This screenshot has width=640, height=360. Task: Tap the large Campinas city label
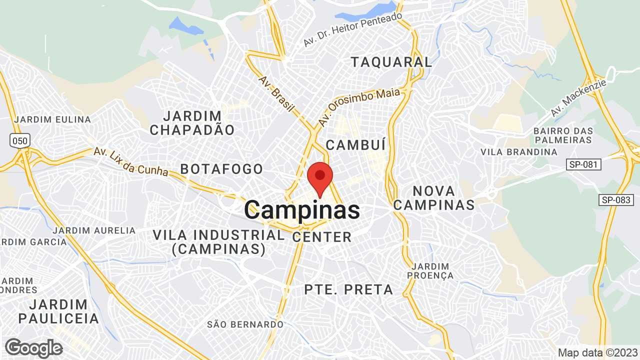pos(302,210)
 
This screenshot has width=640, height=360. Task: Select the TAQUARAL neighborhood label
pos(391,62)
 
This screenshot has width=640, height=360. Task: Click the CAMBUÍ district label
pos(355,145)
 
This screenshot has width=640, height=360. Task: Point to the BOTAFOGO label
pos(221,169)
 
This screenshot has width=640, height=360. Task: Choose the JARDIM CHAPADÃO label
pos(192,123)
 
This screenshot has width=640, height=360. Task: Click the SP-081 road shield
pos(583,164)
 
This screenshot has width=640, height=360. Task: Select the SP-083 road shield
pos(615,200)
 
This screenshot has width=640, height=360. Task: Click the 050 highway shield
pos(20,140)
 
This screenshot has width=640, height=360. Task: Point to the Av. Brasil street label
pos(276,93)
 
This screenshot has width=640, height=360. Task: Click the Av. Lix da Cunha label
pos(131,161)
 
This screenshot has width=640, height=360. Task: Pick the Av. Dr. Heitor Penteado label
pos(352,29)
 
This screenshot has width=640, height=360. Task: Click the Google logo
pos(33,348)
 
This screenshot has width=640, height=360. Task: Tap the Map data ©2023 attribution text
pos(597,352)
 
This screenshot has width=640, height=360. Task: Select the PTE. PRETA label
pos(348,289)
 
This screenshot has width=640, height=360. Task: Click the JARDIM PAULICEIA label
pos(58,311)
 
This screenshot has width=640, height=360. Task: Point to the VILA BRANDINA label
pos(518,151)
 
